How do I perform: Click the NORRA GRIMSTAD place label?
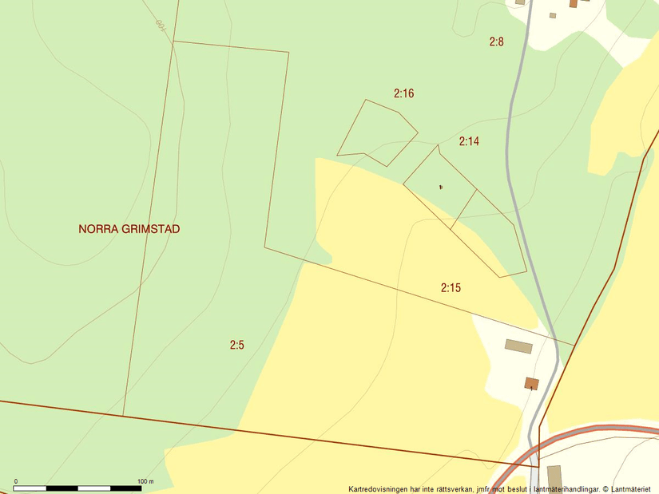[x=129, y=229]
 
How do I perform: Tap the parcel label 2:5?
[x=236, y=346]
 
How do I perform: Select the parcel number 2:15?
[x=451, y=288]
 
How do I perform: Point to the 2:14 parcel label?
[x=469, y=141]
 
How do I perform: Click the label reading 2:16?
[x=403, y=93]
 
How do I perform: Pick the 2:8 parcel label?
[x=496, y=41]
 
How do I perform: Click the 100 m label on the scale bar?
[x=145, y=481]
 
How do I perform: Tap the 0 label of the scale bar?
[x=16, y=481]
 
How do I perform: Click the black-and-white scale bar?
[x=78, y=488]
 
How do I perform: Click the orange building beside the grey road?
[x=531, y=384]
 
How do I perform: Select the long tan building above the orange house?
[x=518, y=346]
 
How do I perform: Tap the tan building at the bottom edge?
[x=554, y=479]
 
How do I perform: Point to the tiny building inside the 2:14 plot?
[x=440, y=187]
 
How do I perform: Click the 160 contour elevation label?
[x=160, y=25]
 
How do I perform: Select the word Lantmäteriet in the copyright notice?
[x=631, y=489]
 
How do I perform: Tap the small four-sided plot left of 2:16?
[x=376, y=132]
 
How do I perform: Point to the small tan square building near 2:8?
[x=552, y=15]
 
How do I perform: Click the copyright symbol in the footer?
[x=605, y=489]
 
